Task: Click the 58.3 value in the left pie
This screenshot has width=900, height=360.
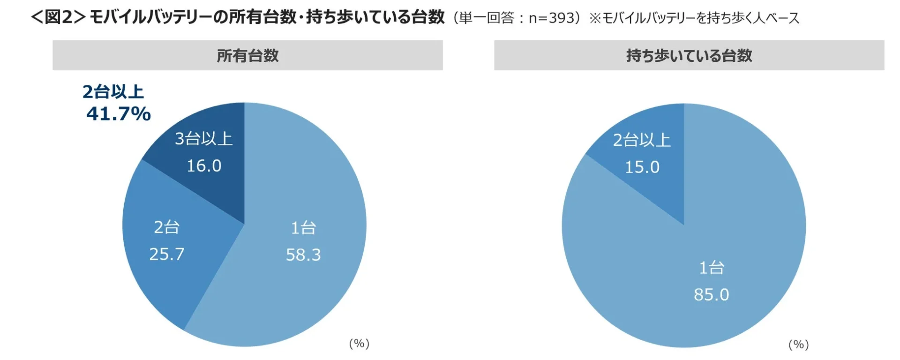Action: point(303,255)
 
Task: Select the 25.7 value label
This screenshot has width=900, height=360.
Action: point(167,254)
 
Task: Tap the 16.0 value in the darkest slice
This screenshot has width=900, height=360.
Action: point(204,165)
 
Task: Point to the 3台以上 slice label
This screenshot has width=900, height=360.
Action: point(204,139)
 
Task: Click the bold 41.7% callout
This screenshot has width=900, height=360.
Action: point(118,114)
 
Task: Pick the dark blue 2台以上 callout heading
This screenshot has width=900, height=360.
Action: point(113,92)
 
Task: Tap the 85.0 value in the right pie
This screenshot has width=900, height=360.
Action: point(711,295)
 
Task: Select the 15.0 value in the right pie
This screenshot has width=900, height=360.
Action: point(642,167)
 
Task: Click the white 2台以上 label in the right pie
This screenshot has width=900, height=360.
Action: point(642,140)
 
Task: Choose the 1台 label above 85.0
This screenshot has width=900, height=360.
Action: point(712,268)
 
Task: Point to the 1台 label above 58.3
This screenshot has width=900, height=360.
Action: point(303,228)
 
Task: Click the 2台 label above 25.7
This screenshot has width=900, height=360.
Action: point(167,227)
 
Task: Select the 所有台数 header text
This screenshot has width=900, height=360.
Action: point(247,56)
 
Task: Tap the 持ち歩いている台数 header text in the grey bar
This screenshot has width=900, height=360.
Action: point(689,56)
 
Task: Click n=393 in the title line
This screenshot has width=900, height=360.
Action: point(551,18)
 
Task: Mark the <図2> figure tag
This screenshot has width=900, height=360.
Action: point(58,17)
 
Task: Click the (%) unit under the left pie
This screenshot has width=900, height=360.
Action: point(359,344)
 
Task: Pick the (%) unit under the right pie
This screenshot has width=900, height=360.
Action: point(798,345)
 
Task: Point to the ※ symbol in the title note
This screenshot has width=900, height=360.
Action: point(595,18)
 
